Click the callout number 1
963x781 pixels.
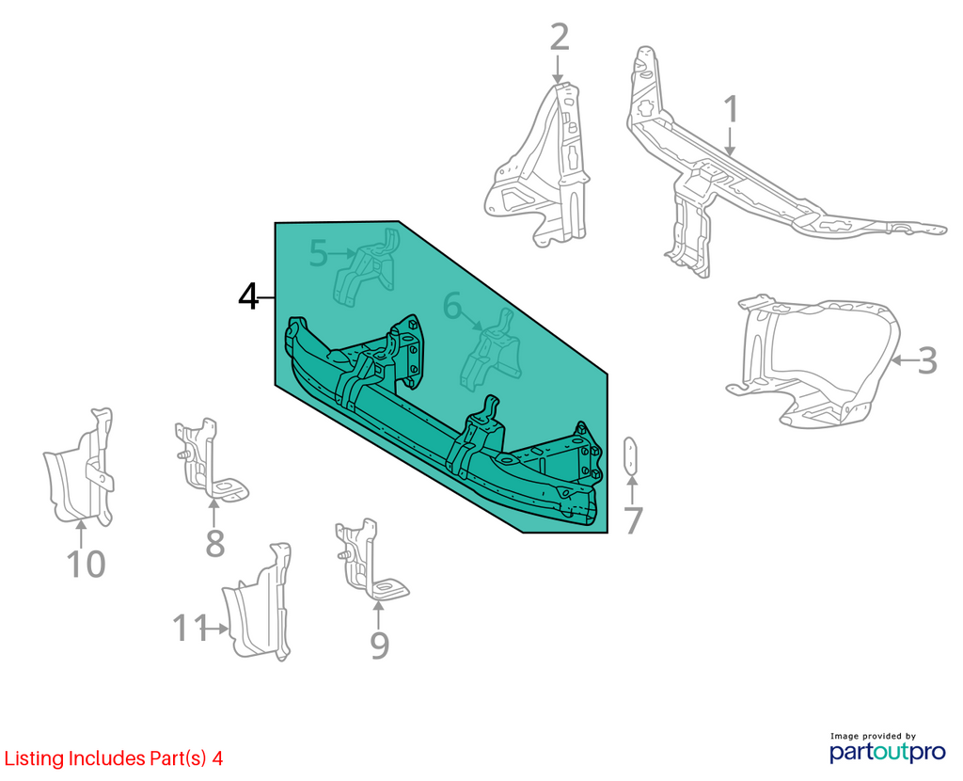730,110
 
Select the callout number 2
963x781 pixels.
560,37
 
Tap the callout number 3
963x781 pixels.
927,360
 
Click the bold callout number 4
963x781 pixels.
248,297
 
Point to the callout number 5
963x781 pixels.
318,253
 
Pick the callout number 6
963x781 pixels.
452,306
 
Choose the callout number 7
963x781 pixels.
633,521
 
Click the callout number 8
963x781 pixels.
214,543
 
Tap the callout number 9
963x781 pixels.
380,646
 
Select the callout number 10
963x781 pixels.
86,564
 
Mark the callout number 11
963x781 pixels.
190,628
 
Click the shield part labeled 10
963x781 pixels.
80,467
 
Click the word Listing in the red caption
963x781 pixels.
34,758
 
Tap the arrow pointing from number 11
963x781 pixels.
218,629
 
